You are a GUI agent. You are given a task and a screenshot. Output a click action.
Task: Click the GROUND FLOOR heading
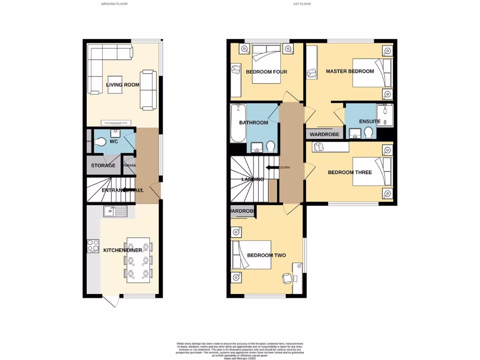pos(114,4)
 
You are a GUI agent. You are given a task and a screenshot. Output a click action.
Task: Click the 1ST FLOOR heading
pos(302,4)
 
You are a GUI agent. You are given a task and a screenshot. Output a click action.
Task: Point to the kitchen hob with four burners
pos(93,245)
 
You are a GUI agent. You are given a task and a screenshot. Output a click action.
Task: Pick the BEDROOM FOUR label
pos(266,72)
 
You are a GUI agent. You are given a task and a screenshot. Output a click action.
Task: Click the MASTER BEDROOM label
pos(350,71)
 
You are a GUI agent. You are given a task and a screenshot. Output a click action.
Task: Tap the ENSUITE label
pos(370,121)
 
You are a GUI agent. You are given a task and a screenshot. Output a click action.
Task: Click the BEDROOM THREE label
pos(350,172)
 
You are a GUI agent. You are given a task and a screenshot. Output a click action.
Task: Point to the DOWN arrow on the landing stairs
pos(273,167)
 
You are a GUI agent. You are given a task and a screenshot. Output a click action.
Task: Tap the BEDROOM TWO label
pos(266,255)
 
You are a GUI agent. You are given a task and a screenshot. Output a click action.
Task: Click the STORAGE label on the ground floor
pos(103,165)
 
